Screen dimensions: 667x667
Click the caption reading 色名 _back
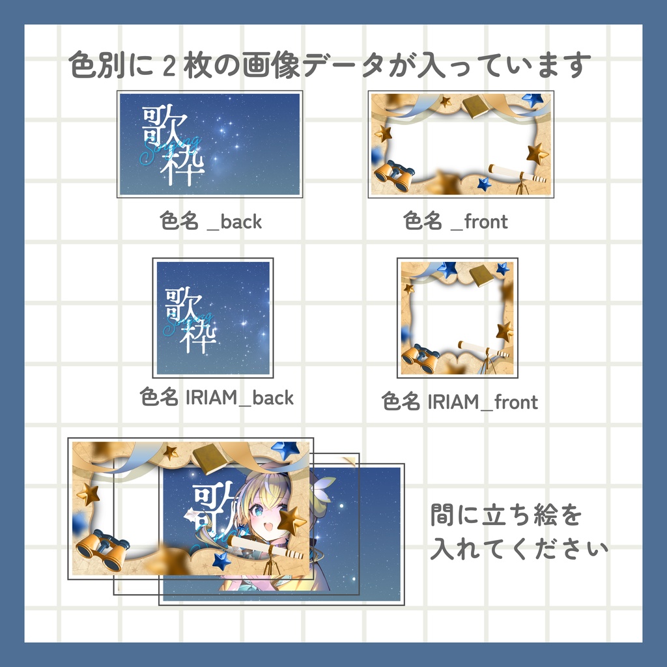coord(211,221)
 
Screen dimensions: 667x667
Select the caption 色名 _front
coord(456,221)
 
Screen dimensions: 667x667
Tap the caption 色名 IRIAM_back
coord(217,397)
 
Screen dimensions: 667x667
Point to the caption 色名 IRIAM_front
coord(461,402)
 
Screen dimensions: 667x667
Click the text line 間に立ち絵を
coord(506,516)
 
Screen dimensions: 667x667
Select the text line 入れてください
coord(519,547)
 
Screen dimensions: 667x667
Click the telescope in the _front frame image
coord(518,175)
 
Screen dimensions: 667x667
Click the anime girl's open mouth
coord(269,527)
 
